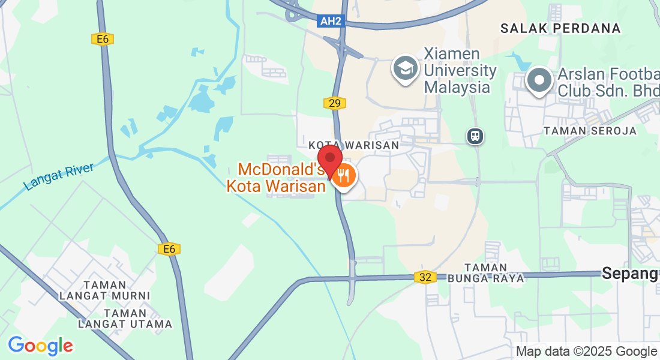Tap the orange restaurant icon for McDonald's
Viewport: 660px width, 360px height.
point(344,176)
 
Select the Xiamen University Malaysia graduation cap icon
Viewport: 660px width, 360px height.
point(406,69)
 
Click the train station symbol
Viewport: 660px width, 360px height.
point(475,136)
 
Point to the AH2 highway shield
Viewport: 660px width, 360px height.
point(331,22)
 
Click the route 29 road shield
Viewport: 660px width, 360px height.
point(334,103)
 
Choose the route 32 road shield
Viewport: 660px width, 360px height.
point(425,277)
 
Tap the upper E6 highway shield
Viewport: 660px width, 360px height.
point(103,39)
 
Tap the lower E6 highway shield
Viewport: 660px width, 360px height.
point(169,249)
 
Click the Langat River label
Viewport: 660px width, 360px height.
point(59,176)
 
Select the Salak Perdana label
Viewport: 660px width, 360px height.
point(560,28)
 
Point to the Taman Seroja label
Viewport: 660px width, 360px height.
point(590,131)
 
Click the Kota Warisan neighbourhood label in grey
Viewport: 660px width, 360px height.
point(353,145)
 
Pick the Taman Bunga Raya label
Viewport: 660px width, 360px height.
point(494,272)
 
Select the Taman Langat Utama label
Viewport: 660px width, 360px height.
point(125,319)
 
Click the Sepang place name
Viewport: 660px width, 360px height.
point(630,274)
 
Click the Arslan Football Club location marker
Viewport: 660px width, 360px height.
point(539,80)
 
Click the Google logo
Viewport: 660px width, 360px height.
point(40,346)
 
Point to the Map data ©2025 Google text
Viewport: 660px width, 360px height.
point(586,352)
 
